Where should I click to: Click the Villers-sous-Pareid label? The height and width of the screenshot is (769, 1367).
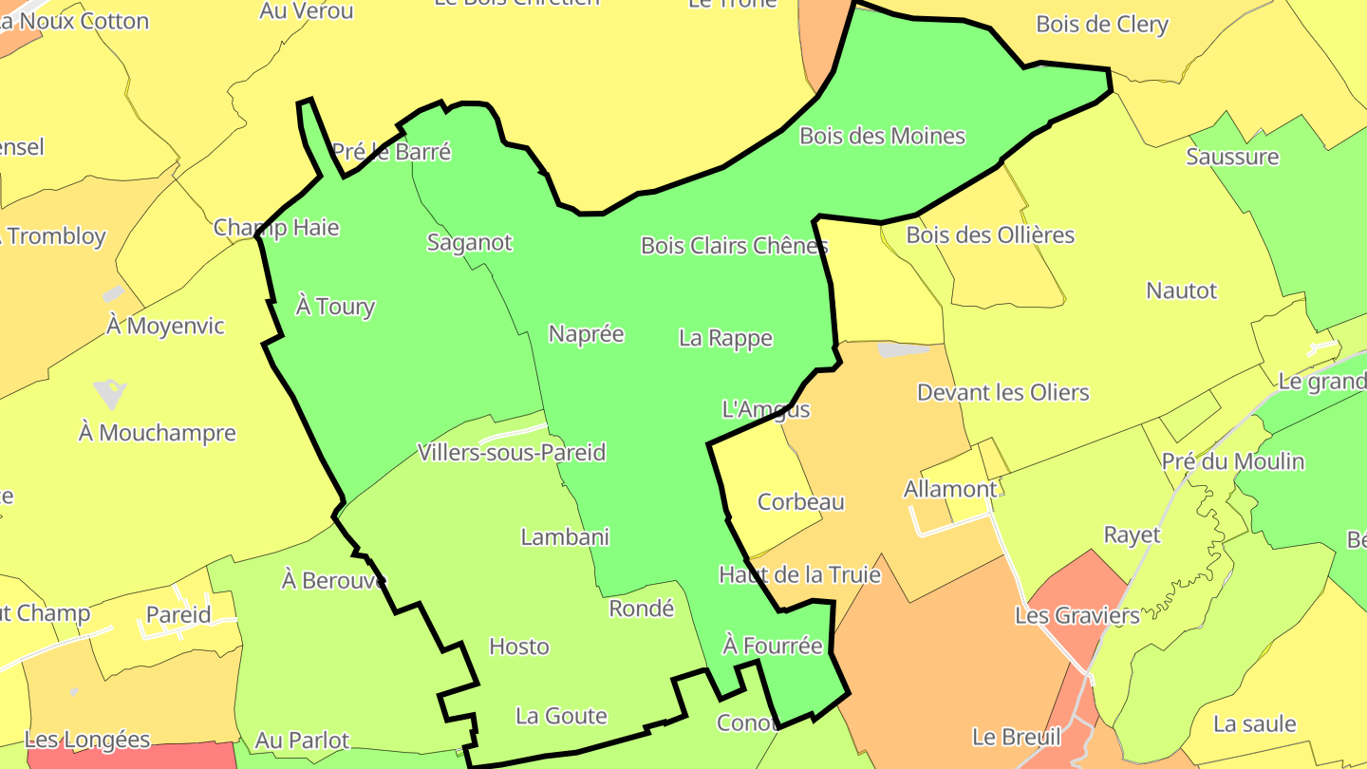512,453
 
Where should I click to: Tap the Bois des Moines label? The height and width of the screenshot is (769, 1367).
882,137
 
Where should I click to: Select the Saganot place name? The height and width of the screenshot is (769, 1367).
469,243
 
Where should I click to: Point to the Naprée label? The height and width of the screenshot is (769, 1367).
586,334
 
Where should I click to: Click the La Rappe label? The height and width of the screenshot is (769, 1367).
725,338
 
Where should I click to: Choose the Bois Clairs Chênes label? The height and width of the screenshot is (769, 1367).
734,246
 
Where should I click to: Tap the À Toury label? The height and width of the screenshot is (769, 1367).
335,307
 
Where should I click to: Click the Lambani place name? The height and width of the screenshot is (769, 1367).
565,537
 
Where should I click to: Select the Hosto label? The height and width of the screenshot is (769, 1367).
518,647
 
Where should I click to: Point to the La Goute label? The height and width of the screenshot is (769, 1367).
560,716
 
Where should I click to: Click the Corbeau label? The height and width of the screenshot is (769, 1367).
800,502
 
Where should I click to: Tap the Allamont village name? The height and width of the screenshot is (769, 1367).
950,490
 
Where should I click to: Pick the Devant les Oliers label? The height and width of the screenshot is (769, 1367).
1002,393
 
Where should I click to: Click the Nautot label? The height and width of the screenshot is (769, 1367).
1181,291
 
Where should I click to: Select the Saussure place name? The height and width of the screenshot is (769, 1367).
1232,157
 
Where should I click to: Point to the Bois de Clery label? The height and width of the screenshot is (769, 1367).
1101,25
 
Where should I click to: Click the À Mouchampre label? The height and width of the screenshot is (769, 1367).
158,433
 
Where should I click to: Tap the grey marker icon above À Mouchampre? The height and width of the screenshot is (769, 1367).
110,391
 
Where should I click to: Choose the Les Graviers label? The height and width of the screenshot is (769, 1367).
1077,616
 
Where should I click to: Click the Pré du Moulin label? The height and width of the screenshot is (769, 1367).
1232,462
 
